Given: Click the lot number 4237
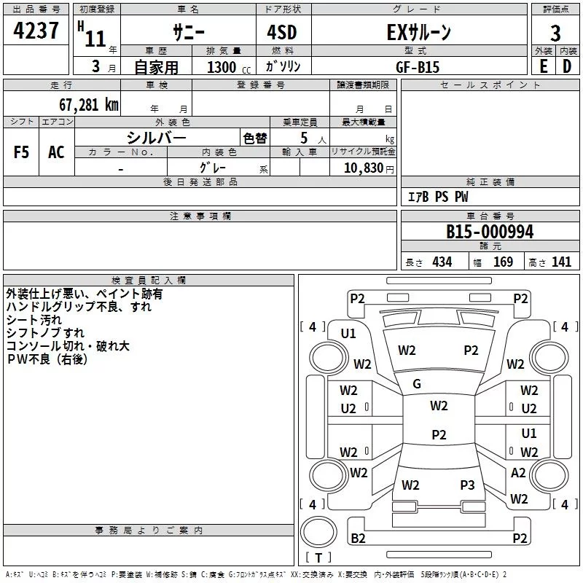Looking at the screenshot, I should pos(36,33).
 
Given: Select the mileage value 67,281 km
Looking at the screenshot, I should pos(84,104).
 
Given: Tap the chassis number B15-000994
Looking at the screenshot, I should pos(490,232).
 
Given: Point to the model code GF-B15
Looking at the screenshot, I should pos(418,66).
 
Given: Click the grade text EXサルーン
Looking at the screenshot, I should pos(418,33).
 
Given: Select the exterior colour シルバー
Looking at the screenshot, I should pos(157,137).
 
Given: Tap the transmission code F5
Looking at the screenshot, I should pos(22,152).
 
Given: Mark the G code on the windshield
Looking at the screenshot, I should pos(417,384).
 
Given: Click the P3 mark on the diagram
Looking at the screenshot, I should pos(467,485).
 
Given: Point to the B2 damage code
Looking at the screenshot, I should pos(358,538).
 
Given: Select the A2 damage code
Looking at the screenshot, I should pos(518,473).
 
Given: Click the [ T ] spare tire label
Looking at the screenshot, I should pos(318,557).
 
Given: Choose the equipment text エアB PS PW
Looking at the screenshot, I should pos(437,197).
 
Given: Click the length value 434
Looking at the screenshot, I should pos(441,262).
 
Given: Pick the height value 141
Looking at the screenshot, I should pos(561,262).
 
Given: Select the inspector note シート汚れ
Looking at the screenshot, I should pos(34,320).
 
